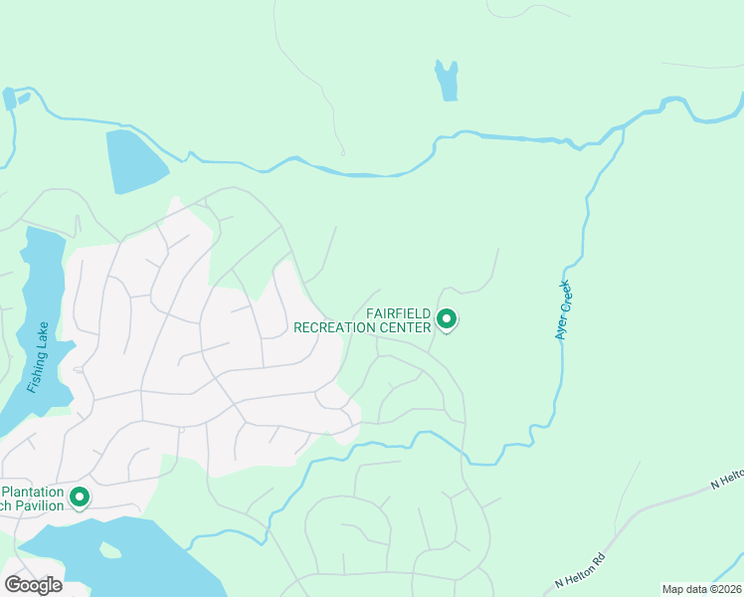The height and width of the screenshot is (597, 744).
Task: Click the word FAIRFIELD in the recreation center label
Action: tap(398, 313)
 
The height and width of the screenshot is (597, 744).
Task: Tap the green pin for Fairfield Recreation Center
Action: tap(447, 319)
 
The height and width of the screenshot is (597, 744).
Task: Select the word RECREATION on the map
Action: tap(342, 326)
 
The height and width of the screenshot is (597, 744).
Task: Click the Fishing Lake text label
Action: tap(39, 356)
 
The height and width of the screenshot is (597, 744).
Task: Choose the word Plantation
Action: tap(33, 492)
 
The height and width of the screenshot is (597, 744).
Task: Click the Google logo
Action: tap(33, 584)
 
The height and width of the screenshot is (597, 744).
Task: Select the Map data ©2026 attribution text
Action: tap(702, 589)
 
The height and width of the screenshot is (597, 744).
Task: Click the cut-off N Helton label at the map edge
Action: tap(727, 483)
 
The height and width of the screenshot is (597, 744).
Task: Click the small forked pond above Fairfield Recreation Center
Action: tap(447, 81)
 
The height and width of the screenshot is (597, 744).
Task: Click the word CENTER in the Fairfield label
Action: tap(407, 326)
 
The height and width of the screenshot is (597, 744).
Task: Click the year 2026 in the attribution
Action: tap(727, 589)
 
